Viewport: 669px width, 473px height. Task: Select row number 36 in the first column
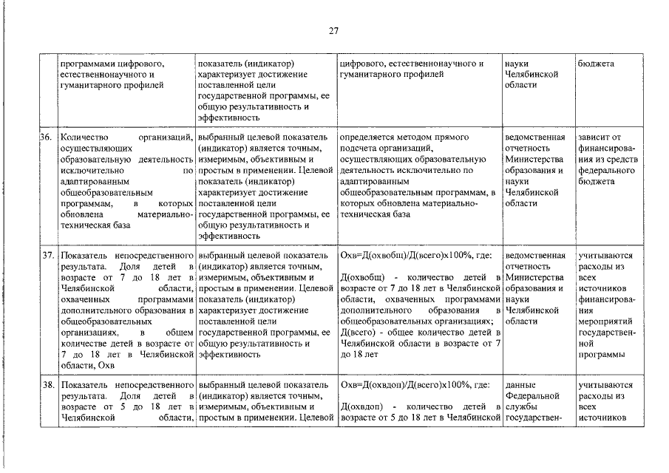tap(45, 137)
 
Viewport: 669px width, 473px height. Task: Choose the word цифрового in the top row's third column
tap(361, 64)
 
